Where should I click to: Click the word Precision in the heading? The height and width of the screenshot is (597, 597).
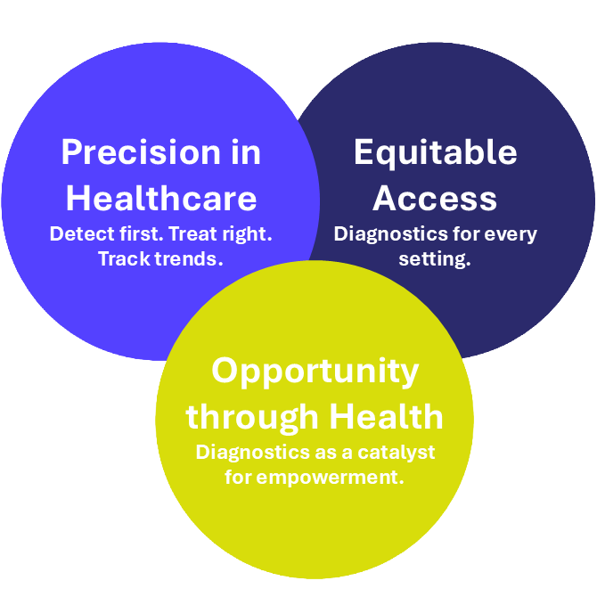tap(141, 152)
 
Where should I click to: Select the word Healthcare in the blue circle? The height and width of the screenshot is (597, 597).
tap(161, 198)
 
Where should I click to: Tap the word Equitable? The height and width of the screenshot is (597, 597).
tap(436, 153)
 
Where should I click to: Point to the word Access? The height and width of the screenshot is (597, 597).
tap(435, 199)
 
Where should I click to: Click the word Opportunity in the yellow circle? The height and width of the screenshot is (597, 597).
tap(315, 372)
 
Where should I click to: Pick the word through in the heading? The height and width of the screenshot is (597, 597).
tap(252, 417)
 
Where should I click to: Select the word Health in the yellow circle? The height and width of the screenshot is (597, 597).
tap(387, 416)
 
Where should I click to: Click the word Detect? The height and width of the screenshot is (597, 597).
tap(82, 233)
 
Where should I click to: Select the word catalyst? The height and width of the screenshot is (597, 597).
tap(396, 453)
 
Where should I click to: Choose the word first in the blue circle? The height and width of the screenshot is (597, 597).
tap(142, 233)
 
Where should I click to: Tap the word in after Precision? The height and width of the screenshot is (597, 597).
tap(246, 152)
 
